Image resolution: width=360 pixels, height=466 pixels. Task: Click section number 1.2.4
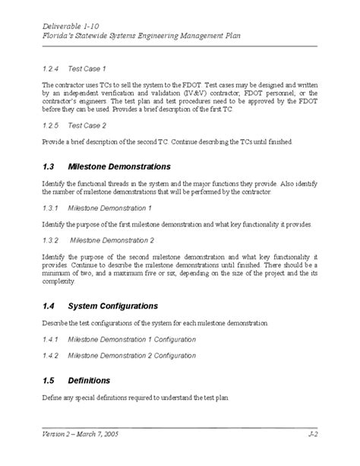(x=51, y=68)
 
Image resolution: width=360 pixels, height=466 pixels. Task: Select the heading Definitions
(x=89, y=380)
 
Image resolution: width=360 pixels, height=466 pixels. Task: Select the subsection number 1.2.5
(x=51, y=126)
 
